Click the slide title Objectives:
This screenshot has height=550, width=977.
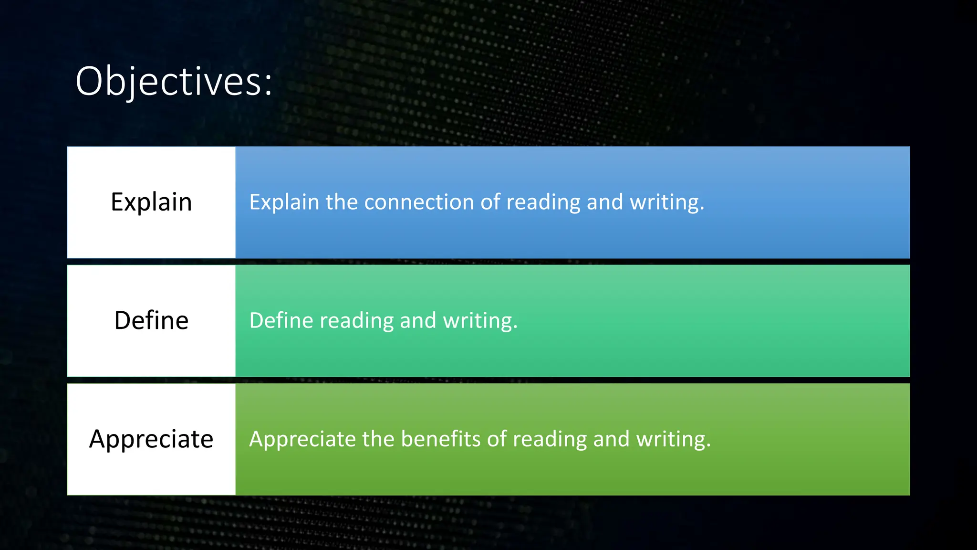coord(174,82)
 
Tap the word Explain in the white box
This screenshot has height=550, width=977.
coord(151,202)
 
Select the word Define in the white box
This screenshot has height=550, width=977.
coord(151,320)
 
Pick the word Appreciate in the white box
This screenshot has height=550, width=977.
coord(151,439)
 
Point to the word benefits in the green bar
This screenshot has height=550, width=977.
coord(440,439)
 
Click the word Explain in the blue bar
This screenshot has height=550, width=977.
coord(284,202)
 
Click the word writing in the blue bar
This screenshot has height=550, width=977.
coord(666,202)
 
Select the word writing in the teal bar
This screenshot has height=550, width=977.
coord(480,320)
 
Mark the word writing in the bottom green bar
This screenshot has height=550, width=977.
coord(673,439)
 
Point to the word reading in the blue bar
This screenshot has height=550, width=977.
coord(543,202)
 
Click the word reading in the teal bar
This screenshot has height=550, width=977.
coord(356,320)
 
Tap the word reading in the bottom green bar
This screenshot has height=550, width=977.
coord(550,439)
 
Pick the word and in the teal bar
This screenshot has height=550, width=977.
coord(418,320)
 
